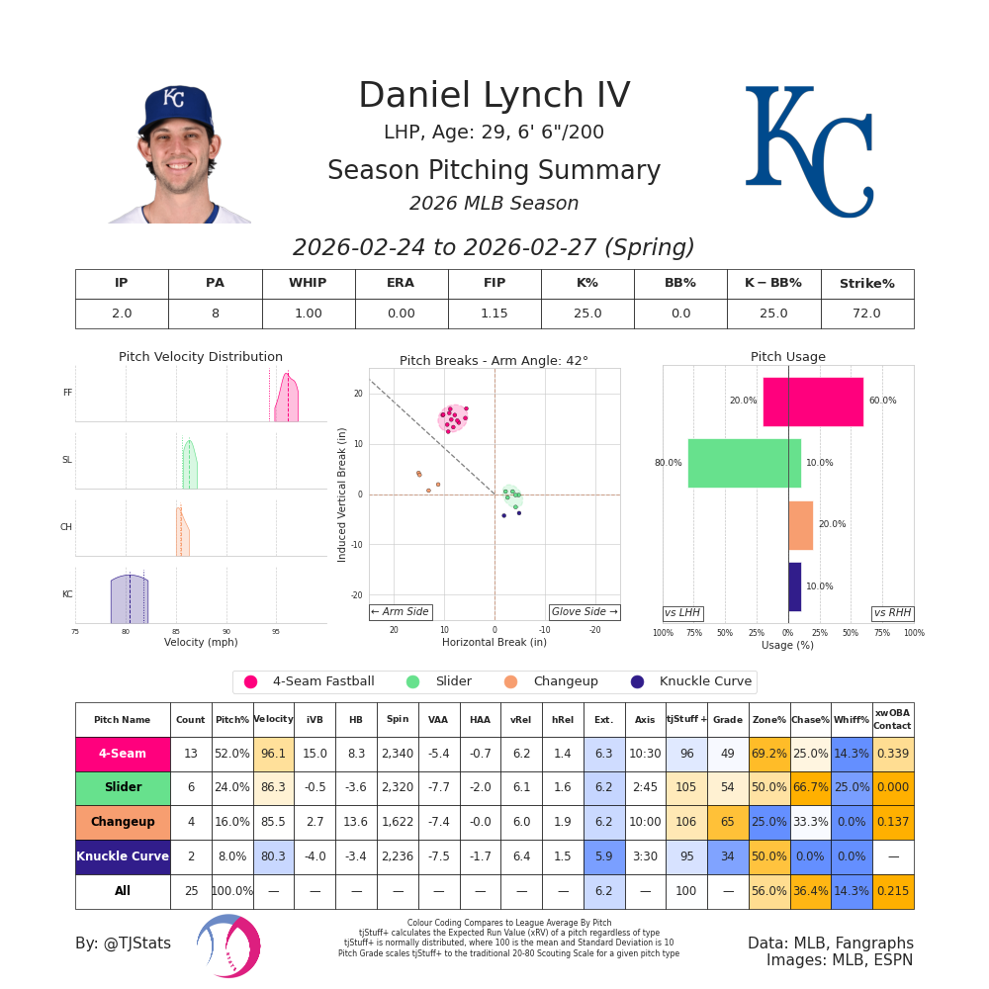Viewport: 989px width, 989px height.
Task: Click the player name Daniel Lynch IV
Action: coord(494,96)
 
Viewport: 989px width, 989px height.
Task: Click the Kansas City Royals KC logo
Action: coord(809,151)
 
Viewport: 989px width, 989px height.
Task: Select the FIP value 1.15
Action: coord(494,314)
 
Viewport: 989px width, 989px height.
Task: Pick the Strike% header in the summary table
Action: coord(866,284)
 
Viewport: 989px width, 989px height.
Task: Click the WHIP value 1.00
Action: coord(308,314)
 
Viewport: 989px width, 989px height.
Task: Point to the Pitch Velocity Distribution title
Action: coord(201,357)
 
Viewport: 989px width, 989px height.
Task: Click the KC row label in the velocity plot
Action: coord(67,594)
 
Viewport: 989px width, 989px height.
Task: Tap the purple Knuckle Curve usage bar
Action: coord(794,586)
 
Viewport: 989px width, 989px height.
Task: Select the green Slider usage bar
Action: coord(744,463)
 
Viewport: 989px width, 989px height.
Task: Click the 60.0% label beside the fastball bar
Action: coord(882,401)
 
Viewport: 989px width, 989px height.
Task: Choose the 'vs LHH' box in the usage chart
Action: coord(682,613)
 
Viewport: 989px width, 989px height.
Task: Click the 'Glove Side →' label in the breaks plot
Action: coord(584,612)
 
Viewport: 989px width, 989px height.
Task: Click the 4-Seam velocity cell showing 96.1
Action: coord(273,754)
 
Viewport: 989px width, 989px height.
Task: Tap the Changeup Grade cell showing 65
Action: coord(727,822)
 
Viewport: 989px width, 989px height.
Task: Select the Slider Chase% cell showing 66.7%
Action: coord(810,788)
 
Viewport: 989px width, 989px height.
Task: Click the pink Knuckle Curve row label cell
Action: coord(123,856)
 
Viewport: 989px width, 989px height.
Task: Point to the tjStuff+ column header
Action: coord(686,720)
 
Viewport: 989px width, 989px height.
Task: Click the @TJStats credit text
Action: coord(123,944)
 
